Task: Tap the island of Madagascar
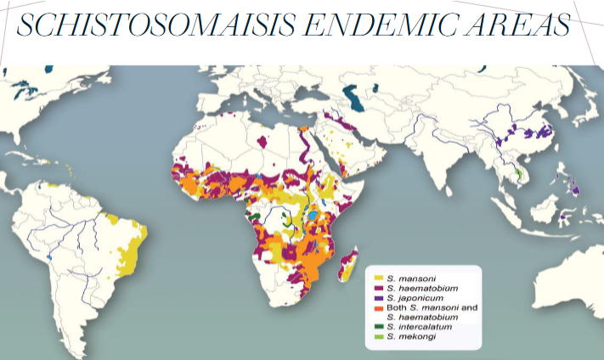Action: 347,269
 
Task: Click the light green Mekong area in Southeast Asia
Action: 518,176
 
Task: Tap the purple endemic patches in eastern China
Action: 539,132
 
